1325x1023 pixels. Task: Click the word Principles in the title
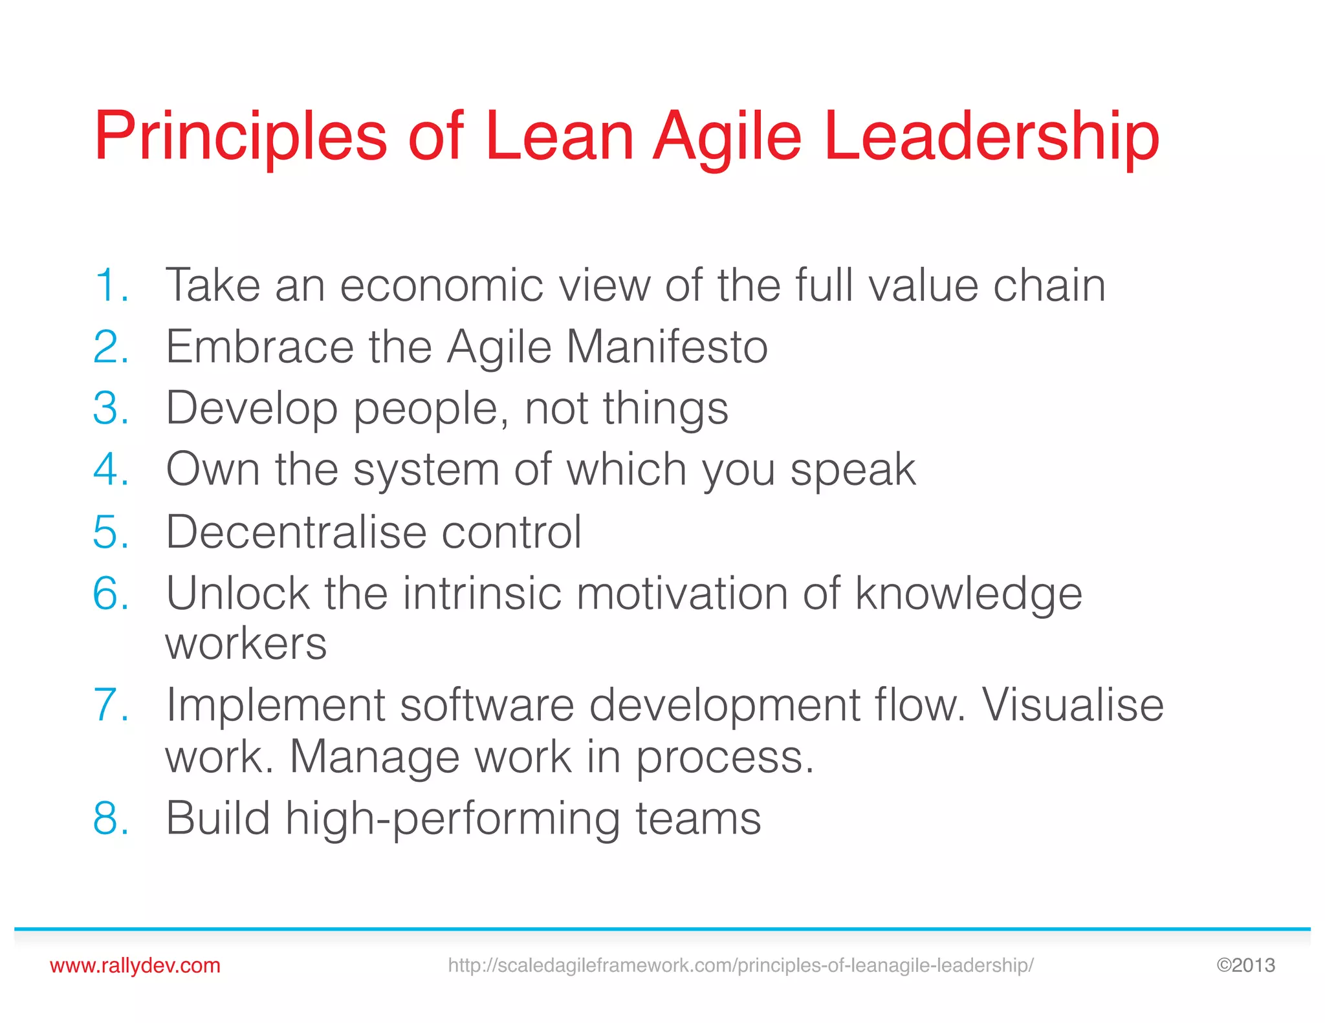[241, 137]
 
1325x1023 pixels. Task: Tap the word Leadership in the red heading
[991, 137]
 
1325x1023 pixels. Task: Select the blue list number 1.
[111, 285]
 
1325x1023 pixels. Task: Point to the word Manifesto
[667, 347]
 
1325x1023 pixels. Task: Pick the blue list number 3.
[111, 409]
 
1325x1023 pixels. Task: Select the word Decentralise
[296, 532]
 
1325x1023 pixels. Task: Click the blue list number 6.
[111, 593]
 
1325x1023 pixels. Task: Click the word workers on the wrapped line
[246, 645]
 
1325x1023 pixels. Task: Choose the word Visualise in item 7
[1073, 704]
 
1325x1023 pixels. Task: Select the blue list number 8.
[111, 819]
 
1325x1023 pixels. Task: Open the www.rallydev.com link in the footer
[135, 965]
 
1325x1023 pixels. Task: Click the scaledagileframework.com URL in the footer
[740, 965]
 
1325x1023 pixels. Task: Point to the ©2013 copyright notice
[1245, 965]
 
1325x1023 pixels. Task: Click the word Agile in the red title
[727, 137]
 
